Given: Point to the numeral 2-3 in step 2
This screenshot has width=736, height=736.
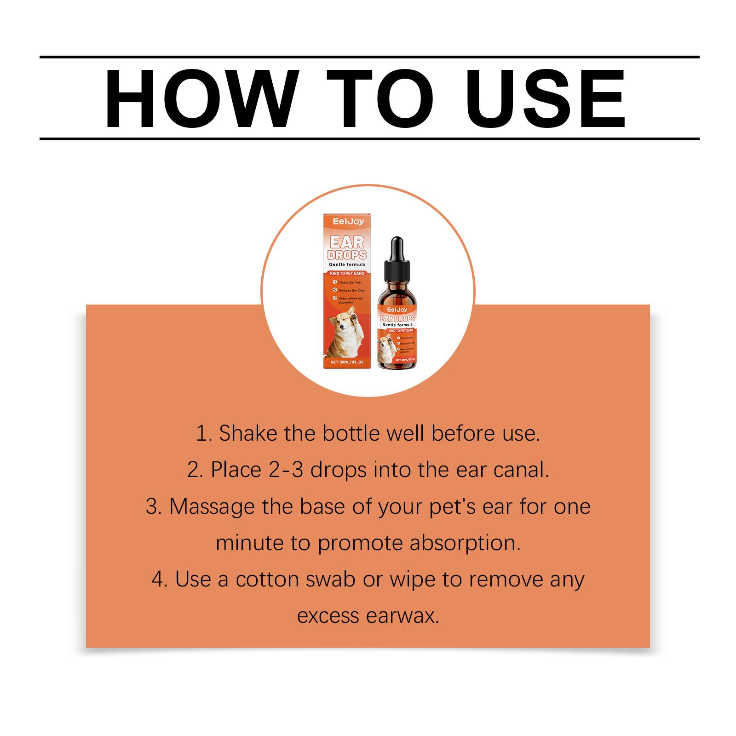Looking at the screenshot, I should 284,470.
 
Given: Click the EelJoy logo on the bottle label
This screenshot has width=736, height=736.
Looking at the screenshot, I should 397,310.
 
